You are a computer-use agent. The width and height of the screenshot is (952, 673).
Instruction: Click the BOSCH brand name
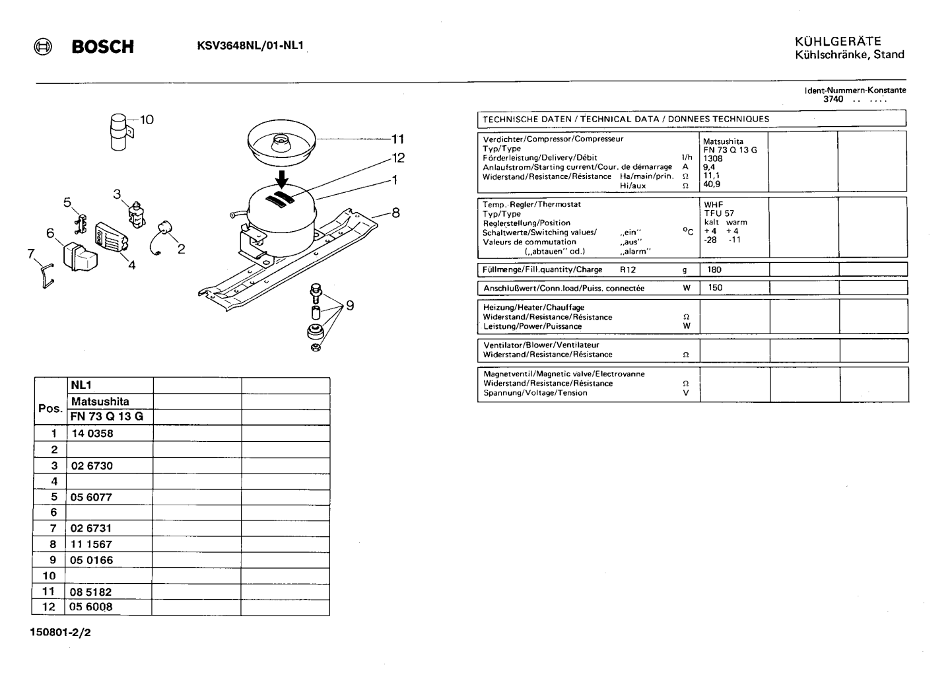click(x=103, y=46)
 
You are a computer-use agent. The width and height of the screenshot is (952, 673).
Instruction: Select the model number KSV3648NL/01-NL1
click(x=250, y=46)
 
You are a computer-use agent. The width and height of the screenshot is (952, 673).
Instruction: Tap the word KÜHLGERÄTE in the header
click(x=838, y=41)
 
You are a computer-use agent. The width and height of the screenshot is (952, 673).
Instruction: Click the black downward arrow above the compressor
click(x=281, y=178)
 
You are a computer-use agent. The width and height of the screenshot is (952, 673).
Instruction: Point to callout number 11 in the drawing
click(x=397, y=139)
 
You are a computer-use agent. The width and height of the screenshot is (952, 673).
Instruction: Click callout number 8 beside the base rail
click(x=395, y=213)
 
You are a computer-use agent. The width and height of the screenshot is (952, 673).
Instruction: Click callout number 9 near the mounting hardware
click(x=350, y=305)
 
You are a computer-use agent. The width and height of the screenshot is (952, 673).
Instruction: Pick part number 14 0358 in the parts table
click(x=92, y=434)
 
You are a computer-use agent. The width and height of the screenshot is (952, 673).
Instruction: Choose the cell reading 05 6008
click(x=91, y=607)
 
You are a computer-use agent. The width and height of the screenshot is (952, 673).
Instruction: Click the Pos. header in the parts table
click(x=50, y=409)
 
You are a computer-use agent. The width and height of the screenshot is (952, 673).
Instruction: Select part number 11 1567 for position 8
click(x=91, y=544)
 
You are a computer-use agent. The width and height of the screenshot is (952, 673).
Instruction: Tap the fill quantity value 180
click(x=714, y=269)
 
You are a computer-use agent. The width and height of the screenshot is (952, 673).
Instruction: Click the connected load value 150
click(x=715, y=288)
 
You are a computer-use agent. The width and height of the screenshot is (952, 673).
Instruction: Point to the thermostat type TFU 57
click(x=719, y=213)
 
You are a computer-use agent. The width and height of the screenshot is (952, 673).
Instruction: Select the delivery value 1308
click(x=713, y=159)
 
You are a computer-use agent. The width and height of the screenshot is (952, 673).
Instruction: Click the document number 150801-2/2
click(x=60, y=632)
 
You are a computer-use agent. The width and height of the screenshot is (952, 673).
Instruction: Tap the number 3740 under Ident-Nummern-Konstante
click(x=833, y=99)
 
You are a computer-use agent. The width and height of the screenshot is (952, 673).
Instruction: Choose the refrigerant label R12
click(x=628, y=269)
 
